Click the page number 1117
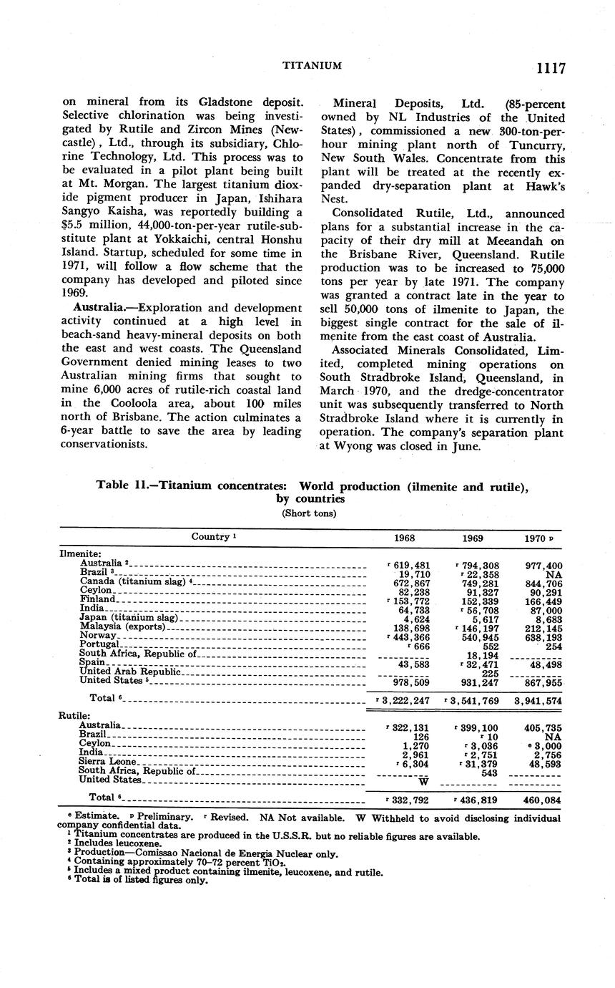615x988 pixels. tap(548, 68)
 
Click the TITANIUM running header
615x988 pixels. tap(312, 66)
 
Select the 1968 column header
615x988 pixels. tap(405, 538)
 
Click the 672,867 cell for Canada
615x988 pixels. tap(410, 583)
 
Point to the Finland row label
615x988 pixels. tap(97, 599)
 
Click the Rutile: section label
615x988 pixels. tap(74, 715)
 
